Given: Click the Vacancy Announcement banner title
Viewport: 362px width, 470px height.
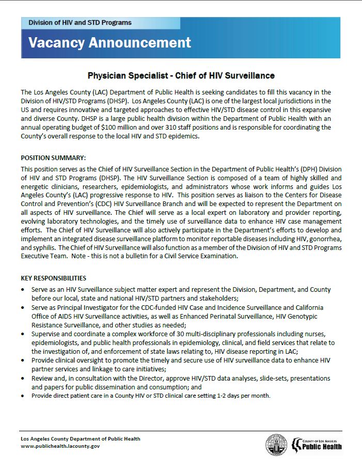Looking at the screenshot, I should point(109,42).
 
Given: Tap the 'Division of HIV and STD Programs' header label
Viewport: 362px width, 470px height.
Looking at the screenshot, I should point(80,23).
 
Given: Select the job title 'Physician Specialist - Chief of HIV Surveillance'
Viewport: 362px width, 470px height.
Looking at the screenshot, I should point(181,75).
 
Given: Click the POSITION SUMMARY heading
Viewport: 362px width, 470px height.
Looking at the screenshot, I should point(53,158).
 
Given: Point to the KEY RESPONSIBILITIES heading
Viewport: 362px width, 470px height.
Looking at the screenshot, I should point(53,278).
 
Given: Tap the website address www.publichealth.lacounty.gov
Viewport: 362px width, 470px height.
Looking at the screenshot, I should point(60,446).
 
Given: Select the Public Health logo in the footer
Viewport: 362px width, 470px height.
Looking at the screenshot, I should point(317,444).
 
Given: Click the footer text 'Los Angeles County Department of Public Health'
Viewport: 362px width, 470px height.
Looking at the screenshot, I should point(80,438).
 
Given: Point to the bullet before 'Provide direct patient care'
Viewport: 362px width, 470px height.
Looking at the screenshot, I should point(23,396).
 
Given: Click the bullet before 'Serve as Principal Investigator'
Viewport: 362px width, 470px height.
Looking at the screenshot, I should point(23,307).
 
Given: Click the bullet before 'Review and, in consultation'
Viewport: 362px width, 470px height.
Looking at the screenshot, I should point(23,379).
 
